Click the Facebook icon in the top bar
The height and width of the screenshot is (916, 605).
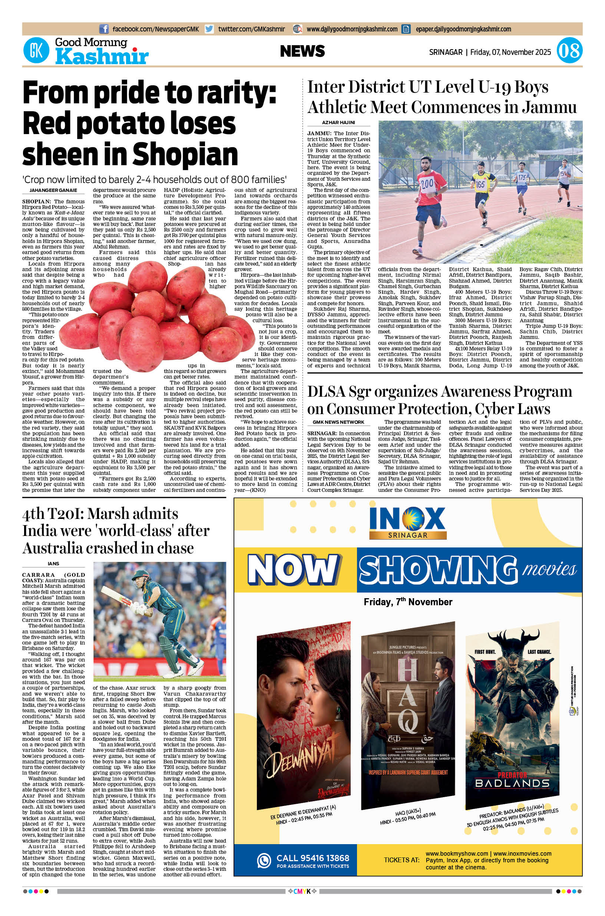pos(103,29)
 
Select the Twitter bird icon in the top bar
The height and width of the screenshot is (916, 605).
pos(209,29)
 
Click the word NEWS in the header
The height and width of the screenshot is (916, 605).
pos(302,51)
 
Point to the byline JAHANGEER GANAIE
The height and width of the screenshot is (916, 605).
pos(53,190)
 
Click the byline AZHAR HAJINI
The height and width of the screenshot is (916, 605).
pos(338,123)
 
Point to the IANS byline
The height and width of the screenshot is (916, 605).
pos(53,564)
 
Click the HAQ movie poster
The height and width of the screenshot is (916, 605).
pos(407,713)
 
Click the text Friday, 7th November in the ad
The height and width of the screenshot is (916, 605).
pos(408,602)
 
